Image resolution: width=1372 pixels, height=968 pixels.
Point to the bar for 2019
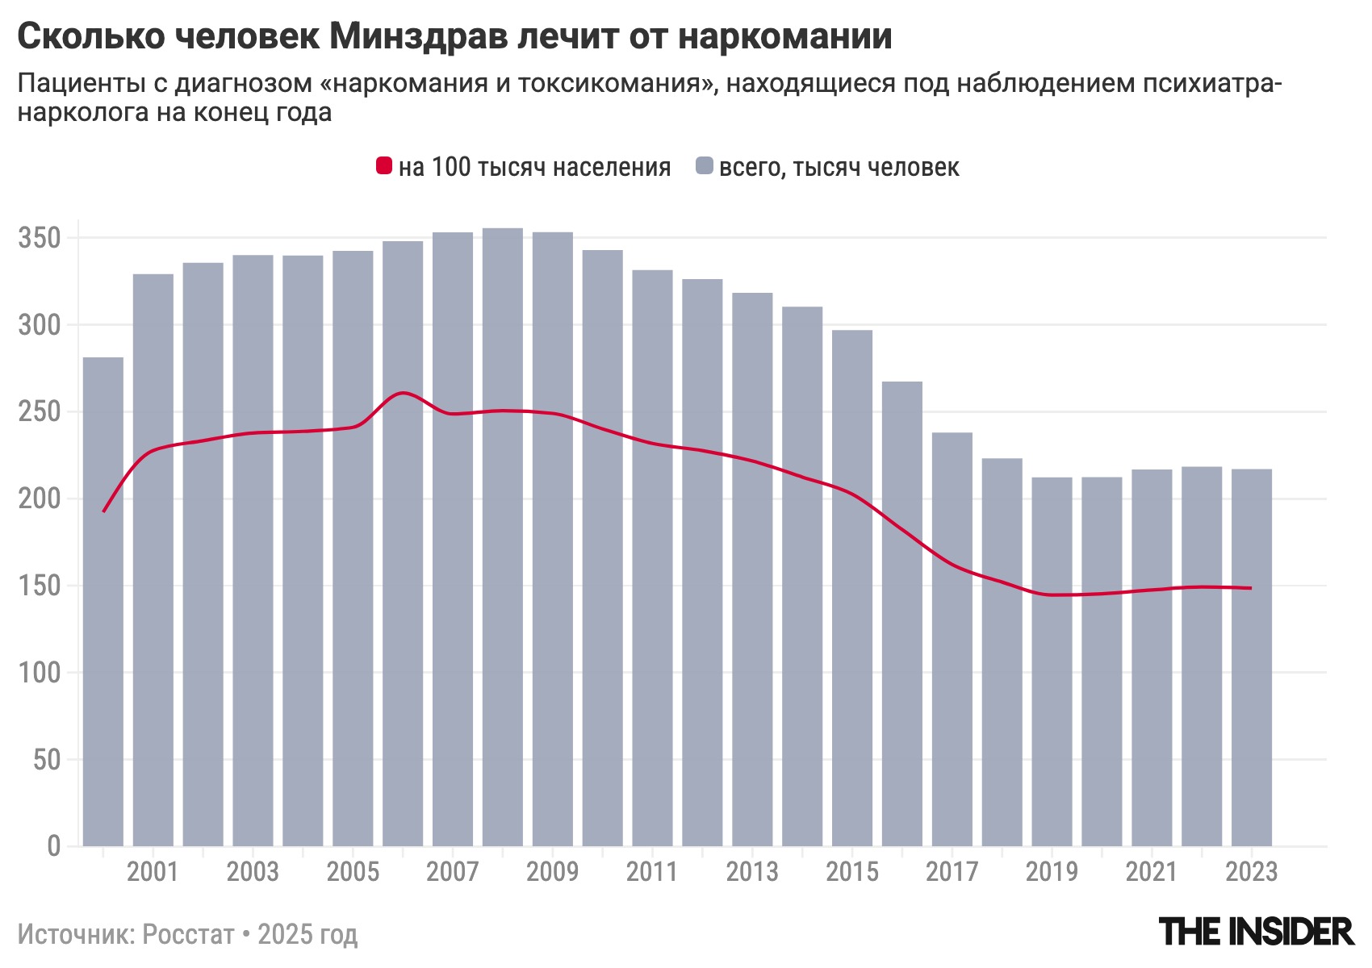tap(1052, 661)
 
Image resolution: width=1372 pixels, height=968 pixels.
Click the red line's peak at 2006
tap(404, 393)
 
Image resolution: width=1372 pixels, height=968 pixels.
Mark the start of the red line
tap(104, 511)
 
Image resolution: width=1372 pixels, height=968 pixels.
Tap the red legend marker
tap(384, 166)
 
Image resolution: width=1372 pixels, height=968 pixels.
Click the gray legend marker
tap(705, 166)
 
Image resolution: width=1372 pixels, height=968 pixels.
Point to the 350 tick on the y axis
tap(40, 239)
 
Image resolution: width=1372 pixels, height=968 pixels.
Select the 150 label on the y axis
tap(40, 586)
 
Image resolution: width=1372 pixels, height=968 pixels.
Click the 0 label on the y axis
tap(53, 846)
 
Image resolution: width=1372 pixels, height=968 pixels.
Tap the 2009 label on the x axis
tap(552, 872)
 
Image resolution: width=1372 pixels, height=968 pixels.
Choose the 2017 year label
tap(952, 872)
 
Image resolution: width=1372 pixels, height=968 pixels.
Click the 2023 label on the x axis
tap(1251, 872)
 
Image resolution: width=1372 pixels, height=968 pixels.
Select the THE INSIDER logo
tap(1256, 932)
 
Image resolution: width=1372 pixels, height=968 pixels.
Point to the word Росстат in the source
tap(187, 934)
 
